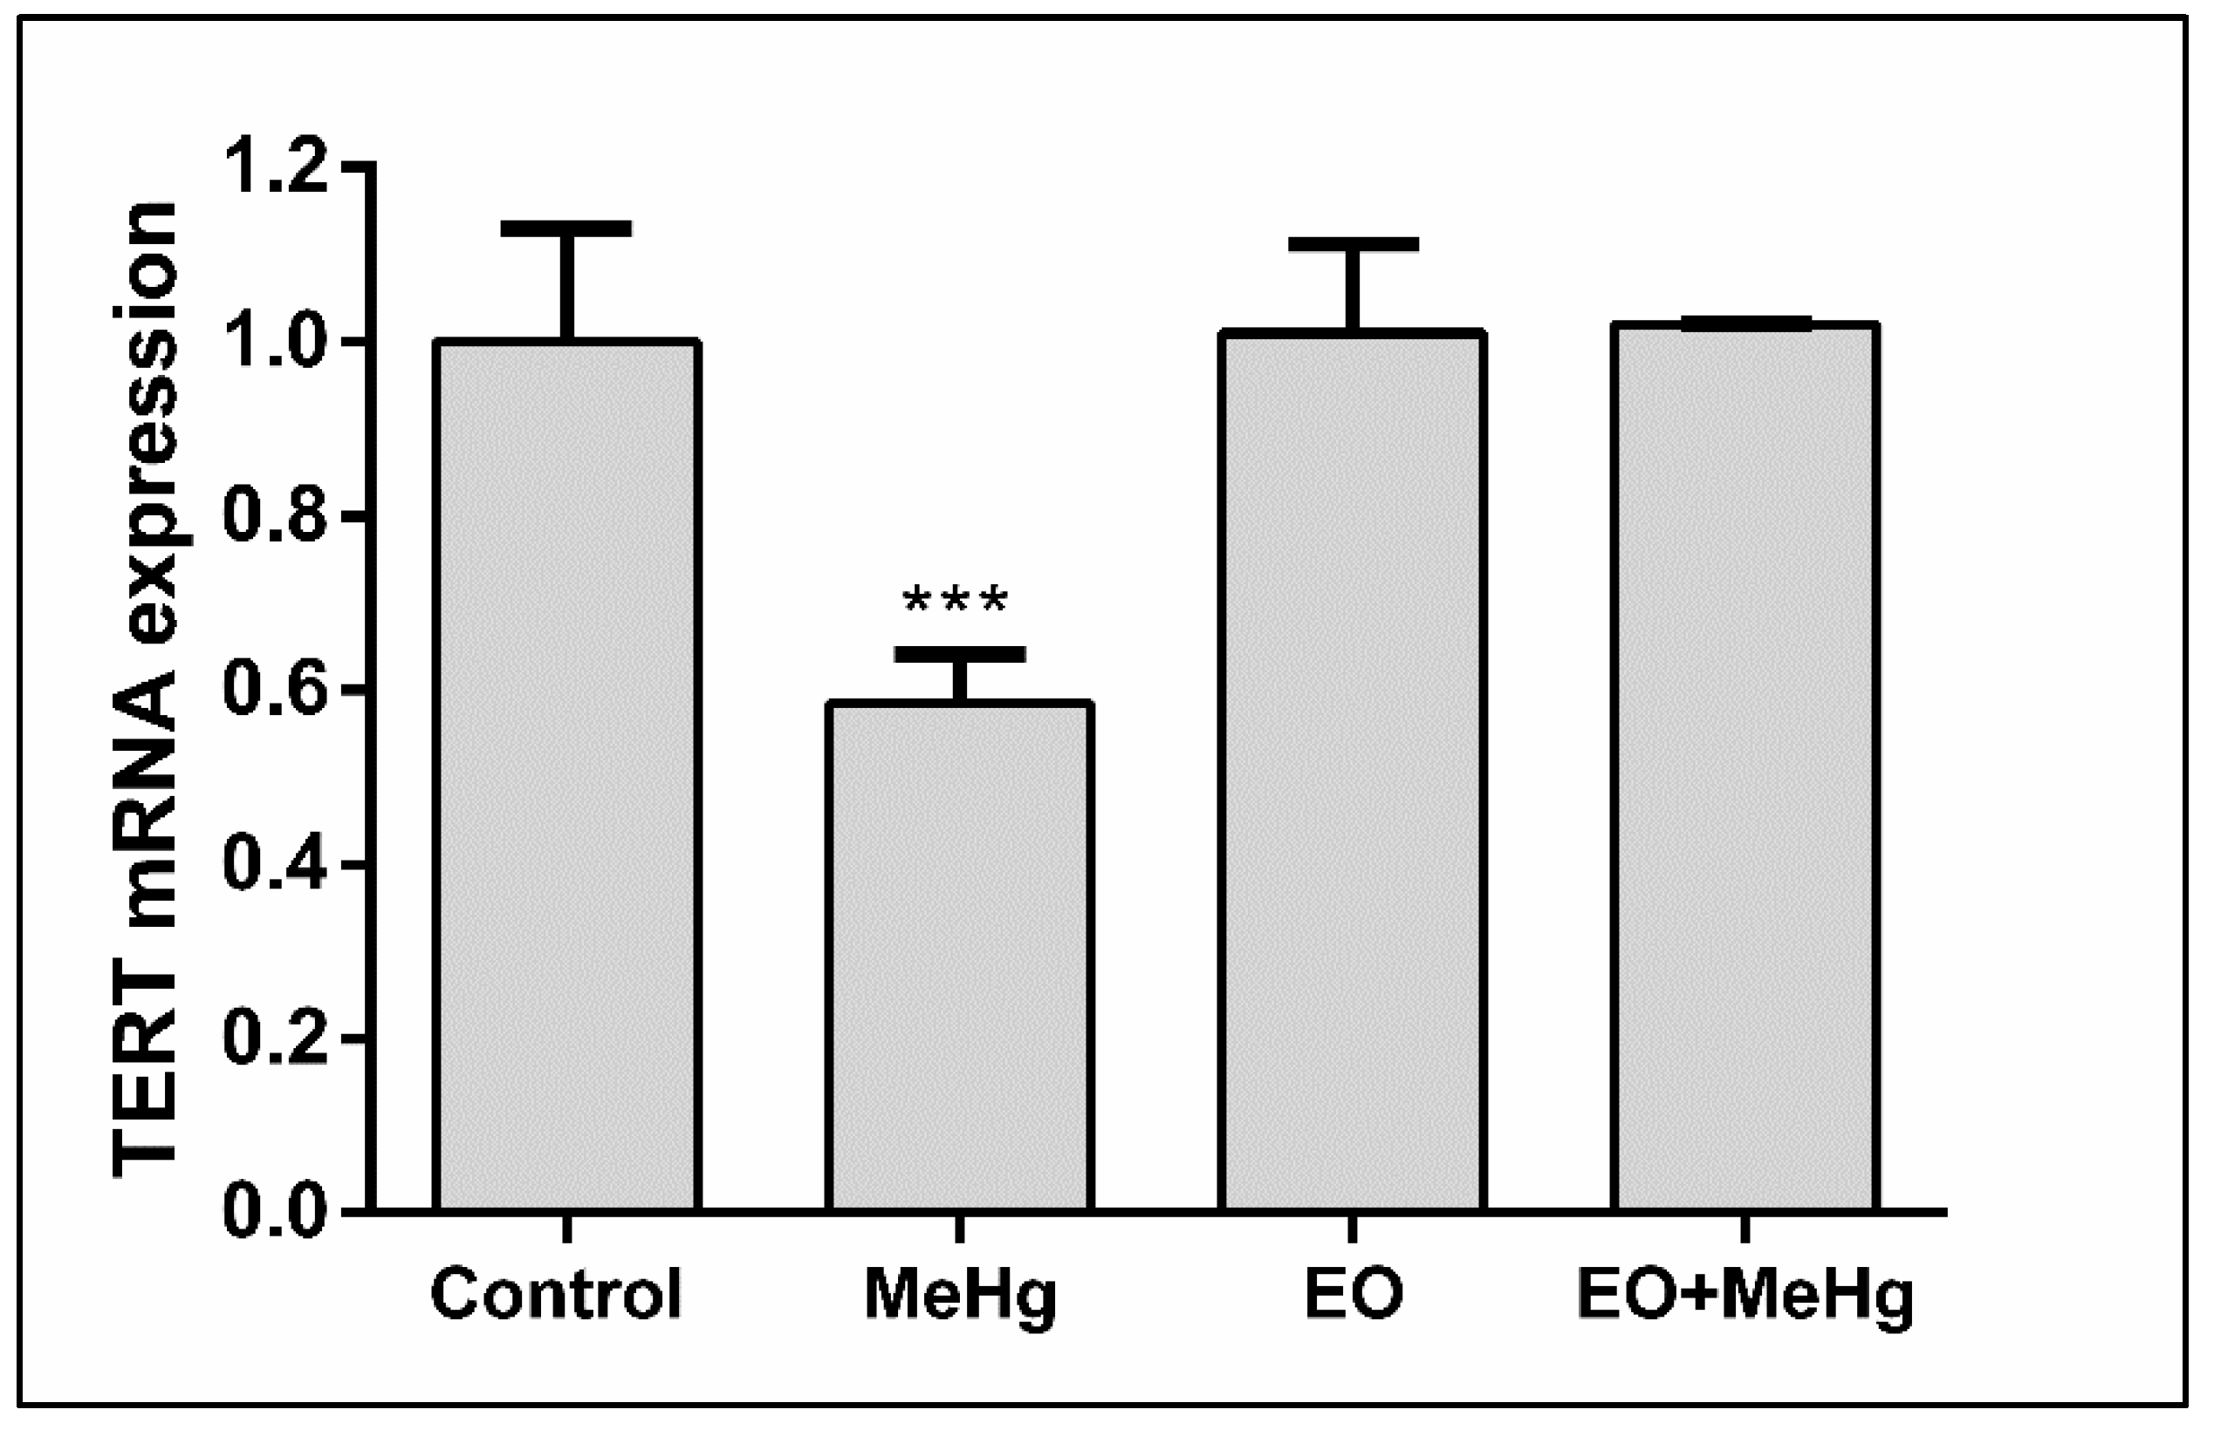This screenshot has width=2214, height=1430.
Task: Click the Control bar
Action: [x=566, y=775]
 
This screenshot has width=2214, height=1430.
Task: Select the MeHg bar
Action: [x=959, y=957]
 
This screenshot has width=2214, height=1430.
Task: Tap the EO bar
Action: [x=1352, y=771]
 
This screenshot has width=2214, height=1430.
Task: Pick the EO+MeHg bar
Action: [x=1744, y=766]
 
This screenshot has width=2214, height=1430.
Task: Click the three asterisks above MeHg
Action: [x=955, y=602]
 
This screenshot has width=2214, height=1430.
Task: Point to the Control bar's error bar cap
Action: [x=566, y=228]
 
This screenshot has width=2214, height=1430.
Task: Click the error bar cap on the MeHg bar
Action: [x=960, y=654]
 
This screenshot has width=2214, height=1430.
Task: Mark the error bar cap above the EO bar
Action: [x=1353, y=244]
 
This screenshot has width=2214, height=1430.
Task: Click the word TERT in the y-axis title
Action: [x=145, y=1101]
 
